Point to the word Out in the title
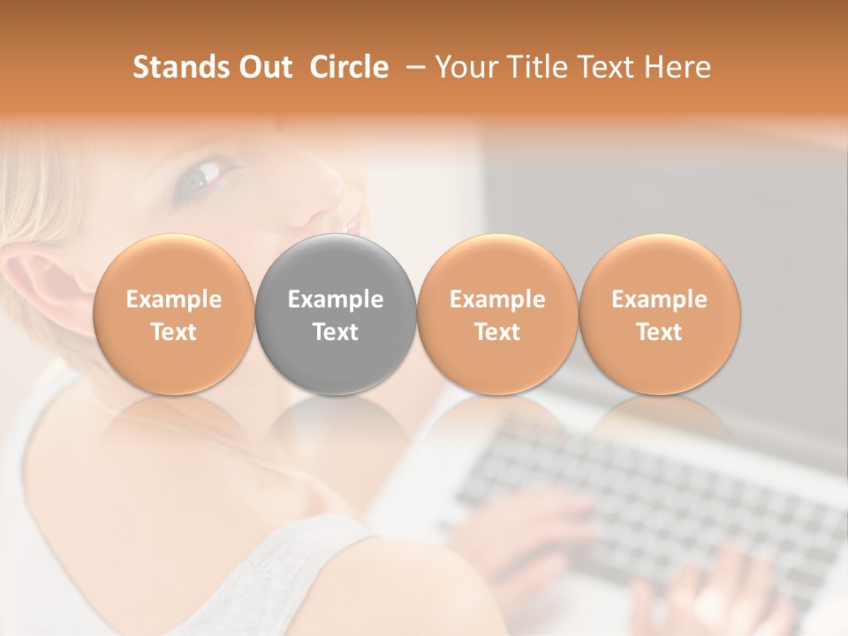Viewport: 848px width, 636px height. pos(263,67)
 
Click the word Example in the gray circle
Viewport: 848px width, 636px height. pos(336,299)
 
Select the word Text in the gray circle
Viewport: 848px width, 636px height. pos(336,332)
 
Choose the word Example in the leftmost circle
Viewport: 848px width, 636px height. pos(173,299)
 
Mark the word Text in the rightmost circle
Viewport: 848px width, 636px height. pos(660,332)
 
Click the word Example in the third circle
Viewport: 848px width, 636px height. pos(497,299)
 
